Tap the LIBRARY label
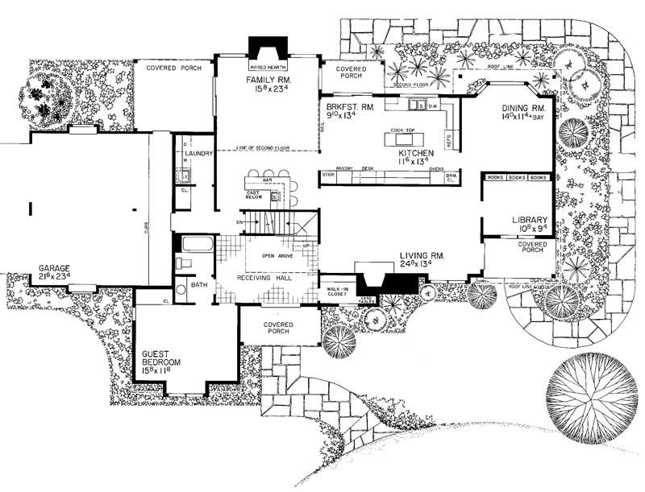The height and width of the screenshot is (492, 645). tap(530, 219)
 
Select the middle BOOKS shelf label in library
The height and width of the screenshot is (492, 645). tap(516, 176)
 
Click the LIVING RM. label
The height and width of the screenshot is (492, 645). tap(422, 255)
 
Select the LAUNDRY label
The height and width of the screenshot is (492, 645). tap(198, 152)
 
